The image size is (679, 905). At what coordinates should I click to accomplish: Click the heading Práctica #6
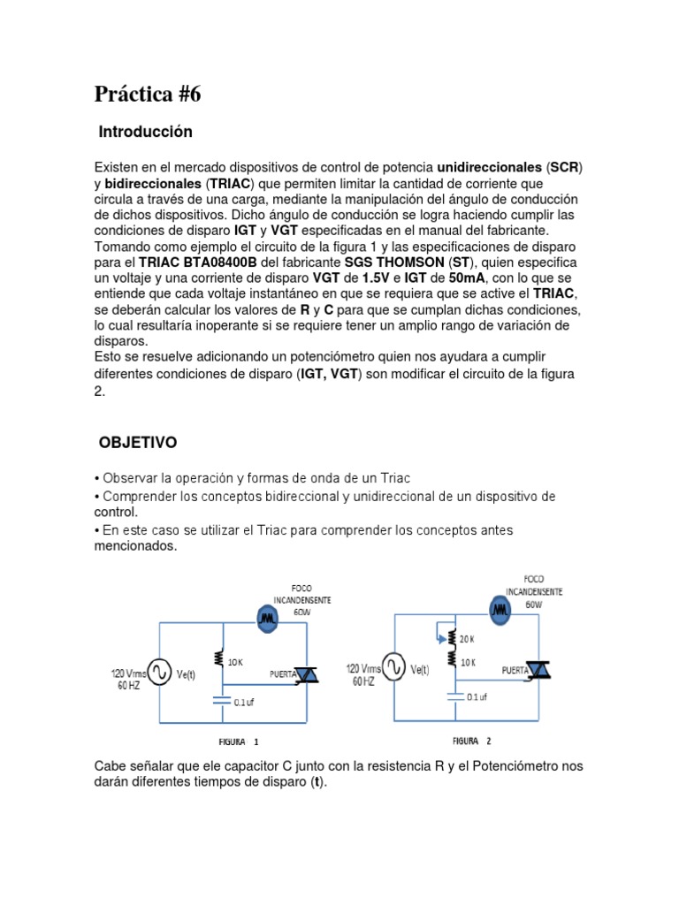pyautogui.click(x=148, y=95)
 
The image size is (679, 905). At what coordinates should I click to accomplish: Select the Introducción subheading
pyautogui.click(x=145, y=133)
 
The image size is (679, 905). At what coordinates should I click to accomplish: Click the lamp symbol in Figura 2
pyautogui.click(x=502, y=610)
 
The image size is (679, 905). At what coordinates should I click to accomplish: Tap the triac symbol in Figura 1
pyautogui.click(x=305, y=676)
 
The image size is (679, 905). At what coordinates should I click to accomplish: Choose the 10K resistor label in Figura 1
pyautogui.click(x=235, y=662)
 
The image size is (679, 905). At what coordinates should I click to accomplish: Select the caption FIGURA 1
pyautogui.click(x=239, y=742)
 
